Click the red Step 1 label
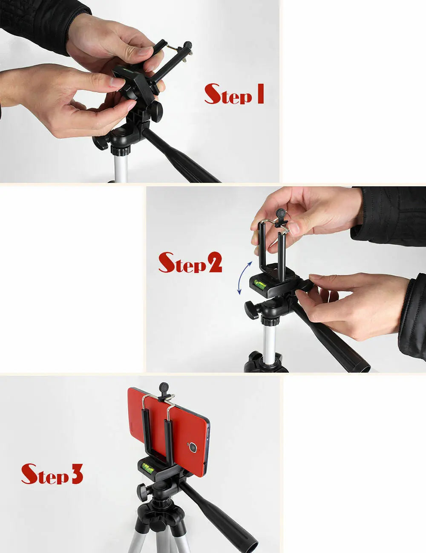[234, 95]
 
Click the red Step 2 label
[190, 263]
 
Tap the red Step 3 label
[52, 474]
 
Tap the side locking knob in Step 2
[252, 310]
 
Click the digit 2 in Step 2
[214, 263]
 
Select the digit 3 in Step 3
[76, 474]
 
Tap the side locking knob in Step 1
[100, 142]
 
